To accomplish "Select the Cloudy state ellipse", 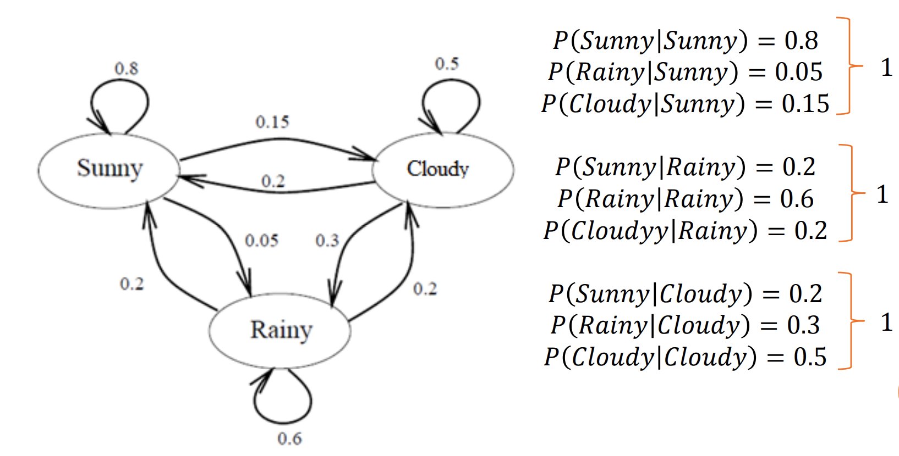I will pos(442,169).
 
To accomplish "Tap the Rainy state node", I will pos(280,331).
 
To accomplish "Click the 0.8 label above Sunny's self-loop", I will pos(126,69).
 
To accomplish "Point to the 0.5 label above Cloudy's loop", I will pos(446,64).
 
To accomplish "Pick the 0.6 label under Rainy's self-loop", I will pos(289,438).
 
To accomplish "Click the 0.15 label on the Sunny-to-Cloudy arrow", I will pos(272,121).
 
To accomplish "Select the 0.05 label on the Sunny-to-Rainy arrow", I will pos(261,240).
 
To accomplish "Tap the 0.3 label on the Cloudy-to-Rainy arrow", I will pos(327,240).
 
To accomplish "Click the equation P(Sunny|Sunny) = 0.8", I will pos(686,40).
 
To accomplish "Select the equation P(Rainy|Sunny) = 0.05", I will pos(686,72).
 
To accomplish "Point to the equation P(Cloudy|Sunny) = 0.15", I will pos(686,104).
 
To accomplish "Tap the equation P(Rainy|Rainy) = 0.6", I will pos(686,198).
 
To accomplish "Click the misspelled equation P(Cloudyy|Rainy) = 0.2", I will pos(686,230).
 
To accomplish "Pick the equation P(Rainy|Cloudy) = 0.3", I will pos(686,325).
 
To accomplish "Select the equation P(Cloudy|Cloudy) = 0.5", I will pos(686,357).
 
